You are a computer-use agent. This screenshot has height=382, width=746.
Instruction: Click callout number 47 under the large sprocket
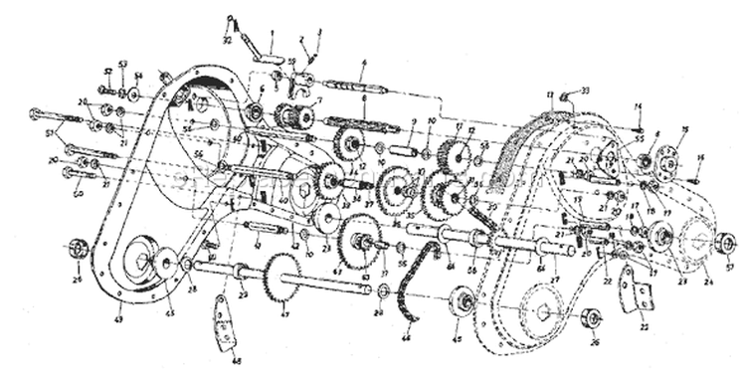point(284,315)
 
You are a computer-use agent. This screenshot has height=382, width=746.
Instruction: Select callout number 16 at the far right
point(700,158)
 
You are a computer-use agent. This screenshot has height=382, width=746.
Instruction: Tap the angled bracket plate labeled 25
point(630,295)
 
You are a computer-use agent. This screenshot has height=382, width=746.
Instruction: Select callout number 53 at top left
point(122,64)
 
